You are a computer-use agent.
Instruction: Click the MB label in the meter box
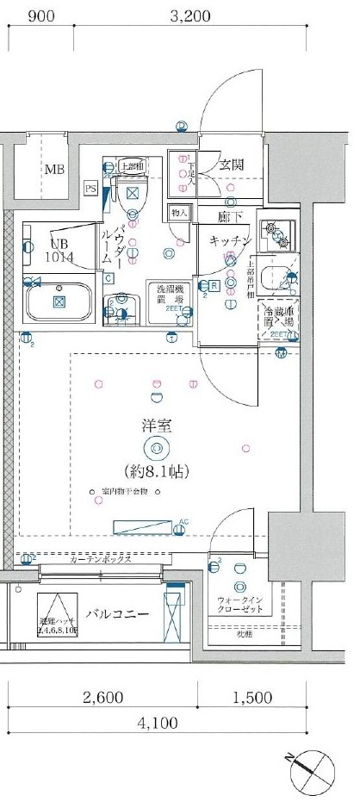(54, 169)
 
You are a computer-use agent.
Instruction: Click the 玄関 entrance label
(231, 165)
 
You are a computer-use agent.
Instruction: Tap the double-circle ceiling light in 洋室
(157, 447)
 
